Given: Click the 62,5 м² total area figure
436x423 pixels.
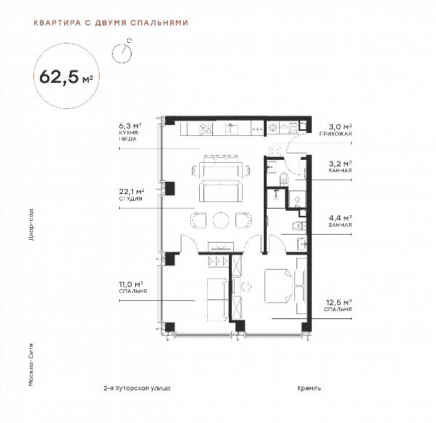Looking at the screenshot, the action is coord(66,76).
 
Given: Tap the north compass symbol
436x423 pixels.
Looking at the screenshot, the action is coord(122,52).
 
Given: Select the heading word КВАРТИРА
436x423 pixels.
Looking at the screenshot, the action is coord(57,23).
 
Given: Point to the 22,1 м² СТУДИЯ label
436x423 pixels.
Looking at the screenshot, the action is coord(132,195).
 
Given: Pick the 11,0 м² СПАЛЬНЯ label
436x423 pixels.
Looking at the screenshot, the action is coord(133,287).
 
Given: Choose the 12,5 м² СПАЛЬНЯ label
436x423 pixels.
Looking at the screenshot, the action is coord(338,305).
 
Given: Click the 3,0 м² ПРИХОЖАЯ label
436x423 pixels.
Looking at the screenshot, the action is coord(336,130).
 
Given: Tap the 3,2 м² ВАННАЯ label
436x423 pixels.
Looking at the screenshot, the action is coord(340,166).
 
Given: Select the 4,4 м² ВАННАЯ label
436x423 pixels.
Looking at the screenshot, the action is coord(340,221).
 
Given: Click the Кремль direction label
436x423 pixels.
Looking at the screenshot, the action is coord(310,388).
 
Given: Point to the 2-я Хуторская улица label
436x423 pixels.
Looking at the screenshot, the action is coord(137,388).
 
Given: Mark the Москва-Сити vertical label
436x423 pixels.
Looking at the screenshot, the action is coord(31,365).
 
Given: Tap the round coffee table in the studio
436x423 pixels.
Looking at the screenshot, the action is coord(221,220).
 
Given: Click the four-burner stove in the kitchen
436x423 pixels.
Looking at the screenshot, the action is coord(206,129).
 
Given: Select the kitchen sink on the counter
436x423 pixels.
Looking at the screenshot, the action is coord(230,129).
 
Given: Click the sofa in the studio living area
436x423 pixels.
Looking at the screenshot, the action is coord(220,191).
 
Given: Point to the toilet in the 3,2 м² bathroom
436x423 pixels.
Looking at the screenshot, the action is coord(284,178).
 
